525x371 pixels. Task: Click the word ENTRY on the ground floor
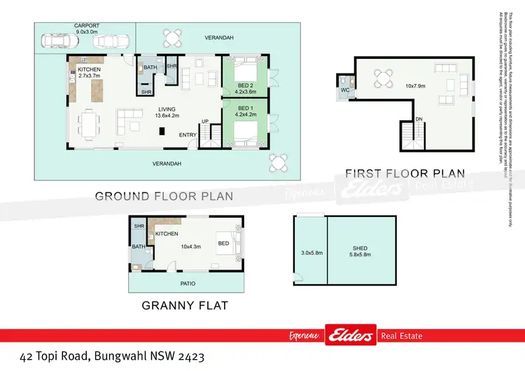pos(188,134)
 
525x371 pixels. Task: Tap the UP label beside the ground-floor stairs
pos(205,120)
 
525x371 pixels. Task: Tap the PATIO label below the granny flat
pos(188,283)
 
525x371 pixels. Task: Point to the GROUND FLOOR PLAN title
pos(164,196)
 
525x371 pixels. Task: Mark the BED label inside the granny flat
pos(223,243)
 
